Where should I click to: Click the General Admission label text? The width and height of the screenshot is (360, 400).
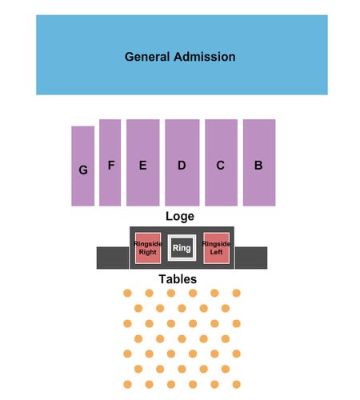tap(180, 57)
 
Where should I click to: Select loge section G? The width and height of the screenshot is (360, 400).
tap(83, 166)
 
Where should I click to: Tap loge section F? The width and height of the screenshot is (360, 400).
tap(110, 162)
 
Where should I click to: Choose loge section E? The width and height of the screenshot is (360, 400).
tap(143, 162)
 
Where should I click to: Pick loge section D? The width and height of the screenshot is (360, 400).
tap(182, 162)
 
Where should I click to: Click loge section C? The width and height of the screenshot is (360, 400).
tap(221, 162)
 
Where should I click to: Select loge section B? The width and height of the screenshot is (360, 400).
tap(259, 162)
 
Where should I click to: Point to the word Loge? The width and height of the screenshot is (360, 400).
tap(180, 216)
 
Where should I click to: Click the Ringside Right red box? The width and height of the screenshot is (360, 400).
tap(148, 248)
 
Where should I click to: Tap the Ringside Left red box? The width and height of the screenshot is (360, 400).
tap(216, 248)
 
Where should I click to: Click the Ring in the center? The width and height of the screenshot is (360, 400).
tap(182, 248)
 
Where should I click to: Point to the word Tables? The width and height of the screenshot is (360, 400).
tap(178, 279)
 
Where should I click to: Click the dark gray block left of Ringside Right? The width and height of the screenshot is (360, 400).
tap(113, 258)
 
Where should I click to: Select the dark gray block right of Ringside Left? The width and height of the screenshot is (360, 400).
tap(251, 258)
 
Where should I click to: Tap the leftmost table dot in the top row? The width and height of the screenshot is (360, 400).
tap(127, 293)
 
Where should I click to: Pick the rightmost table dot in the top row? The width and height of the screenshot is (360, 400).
tap(237, 293)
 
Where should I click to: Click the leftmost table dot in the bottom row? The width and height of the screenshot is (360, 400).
tap(127, 385)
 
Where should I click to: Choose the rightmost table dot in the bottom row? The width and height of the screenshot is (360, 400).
tap(237, 385)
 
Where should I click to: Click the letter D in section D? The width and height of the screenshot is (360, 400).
tap(182, 166)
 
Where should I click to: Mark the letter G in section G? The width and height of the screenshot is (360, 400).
tap(83, 170)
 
